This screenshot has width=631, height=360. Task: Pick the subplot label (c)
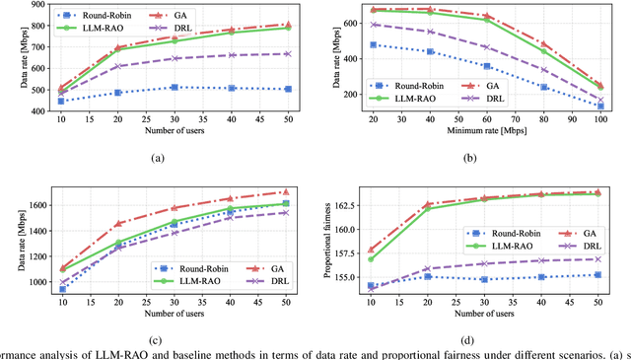[x=158, y=339]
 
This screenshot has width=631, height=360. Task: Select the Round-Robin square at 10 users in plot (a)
[x=61, y=102]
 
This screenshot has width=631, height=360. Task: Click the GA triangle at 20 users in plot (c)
[x=118, y=224]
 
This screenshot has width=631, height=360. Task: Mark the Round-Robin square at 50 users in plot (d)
[x=598, y=274]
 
